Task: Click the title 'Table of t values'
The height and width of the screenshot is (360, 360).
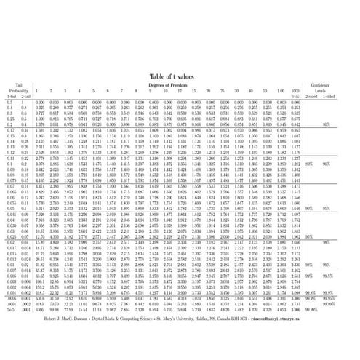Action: (x=180, y=76)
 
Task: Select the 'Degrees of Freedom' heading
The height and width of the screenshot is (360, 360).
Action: (x=180, y=85)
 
